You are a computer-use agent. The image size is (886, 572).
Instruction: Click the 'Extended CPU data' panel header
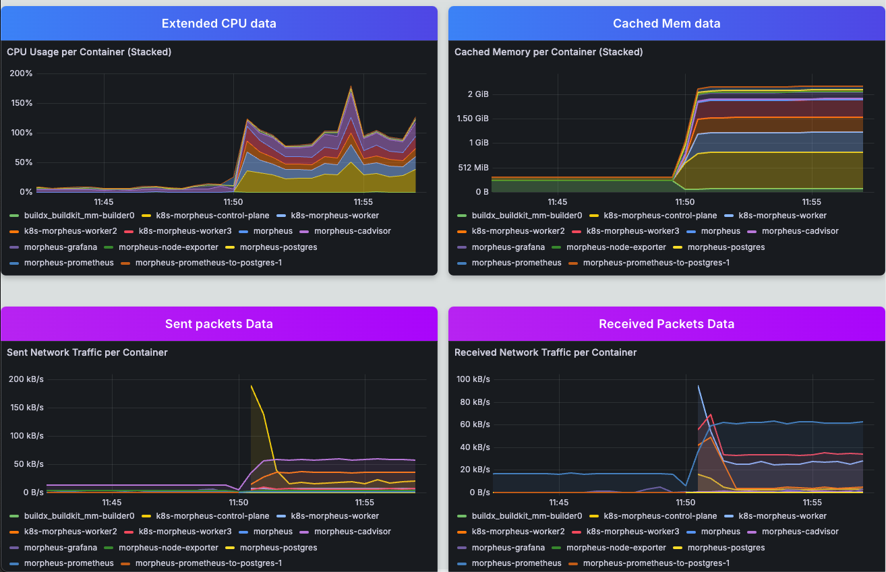point(219,24)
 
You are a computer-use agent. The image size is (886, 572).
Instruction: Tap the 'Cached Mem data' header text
point(666,24)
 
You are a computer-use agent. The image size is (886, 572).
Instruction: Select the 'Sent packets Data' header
point(219,324)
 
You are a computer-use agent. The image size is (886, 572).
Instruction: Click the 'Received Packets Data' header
point(666,324)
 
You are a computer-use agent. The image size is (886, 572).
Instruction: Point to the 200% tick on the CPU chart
point(20,73)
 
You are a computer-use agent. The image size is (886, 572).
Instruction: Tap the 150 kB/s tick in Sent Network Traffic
point(26,408)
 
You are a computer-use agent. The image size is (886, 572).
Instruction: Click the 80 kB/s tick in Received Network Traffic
point(473,402)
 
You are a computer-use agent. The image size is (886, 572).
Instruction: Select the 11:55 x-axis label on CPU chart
point(363,201)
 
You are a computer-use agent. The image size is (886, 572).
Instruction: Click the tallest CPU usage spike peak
point(351,87)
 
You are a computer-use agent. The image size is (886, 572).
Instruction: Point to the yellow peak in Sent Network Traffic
point(251,386)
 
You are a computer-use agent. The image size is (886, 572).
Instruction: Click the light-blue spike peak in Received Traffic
point(698,386)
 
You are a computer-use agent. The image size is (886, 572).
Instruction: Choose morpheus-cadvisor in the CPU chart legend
point(352,231)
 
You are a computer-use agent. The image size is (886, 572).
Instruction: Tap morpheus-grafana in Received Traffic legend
point(508,548)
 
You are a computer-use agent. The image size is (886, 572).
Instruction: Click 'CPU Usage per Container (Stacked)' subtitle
point(89,52)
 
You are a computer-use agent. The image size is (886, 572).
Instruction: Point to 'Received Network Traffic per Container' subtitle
point(545,352)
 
